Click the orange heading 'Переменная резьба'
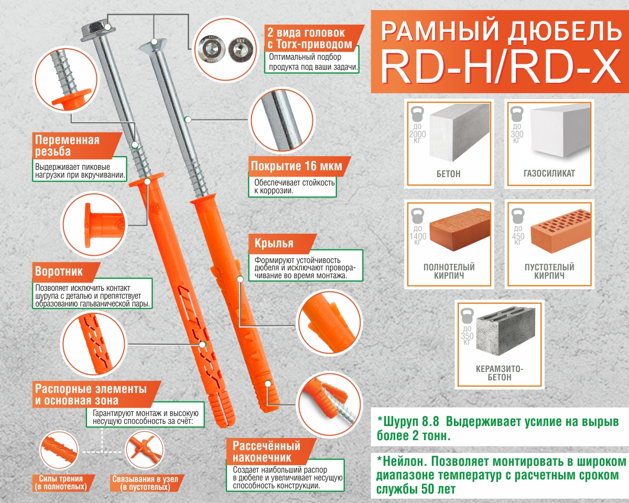67,146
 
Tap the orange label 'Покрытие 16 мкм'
296,167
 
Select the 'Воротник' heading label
59,272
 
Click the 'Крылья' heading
274,244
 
